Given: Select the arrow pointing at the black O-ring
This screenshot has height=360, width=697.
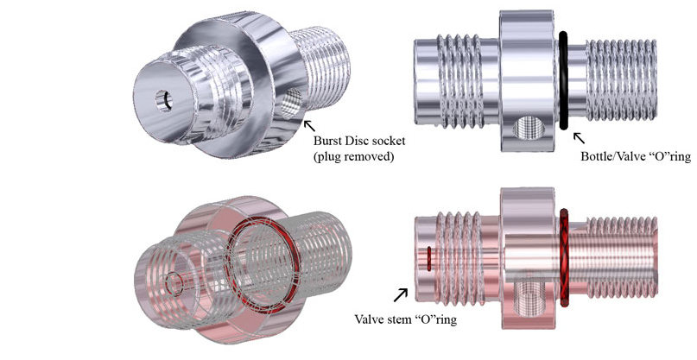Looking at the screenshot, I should point(578,136).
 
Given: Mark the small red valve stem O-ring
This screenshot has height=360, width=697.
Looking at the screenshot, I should point(428,258).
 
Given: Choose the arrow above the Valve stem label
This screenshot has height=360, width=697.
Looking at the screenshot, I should point(402,294).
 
